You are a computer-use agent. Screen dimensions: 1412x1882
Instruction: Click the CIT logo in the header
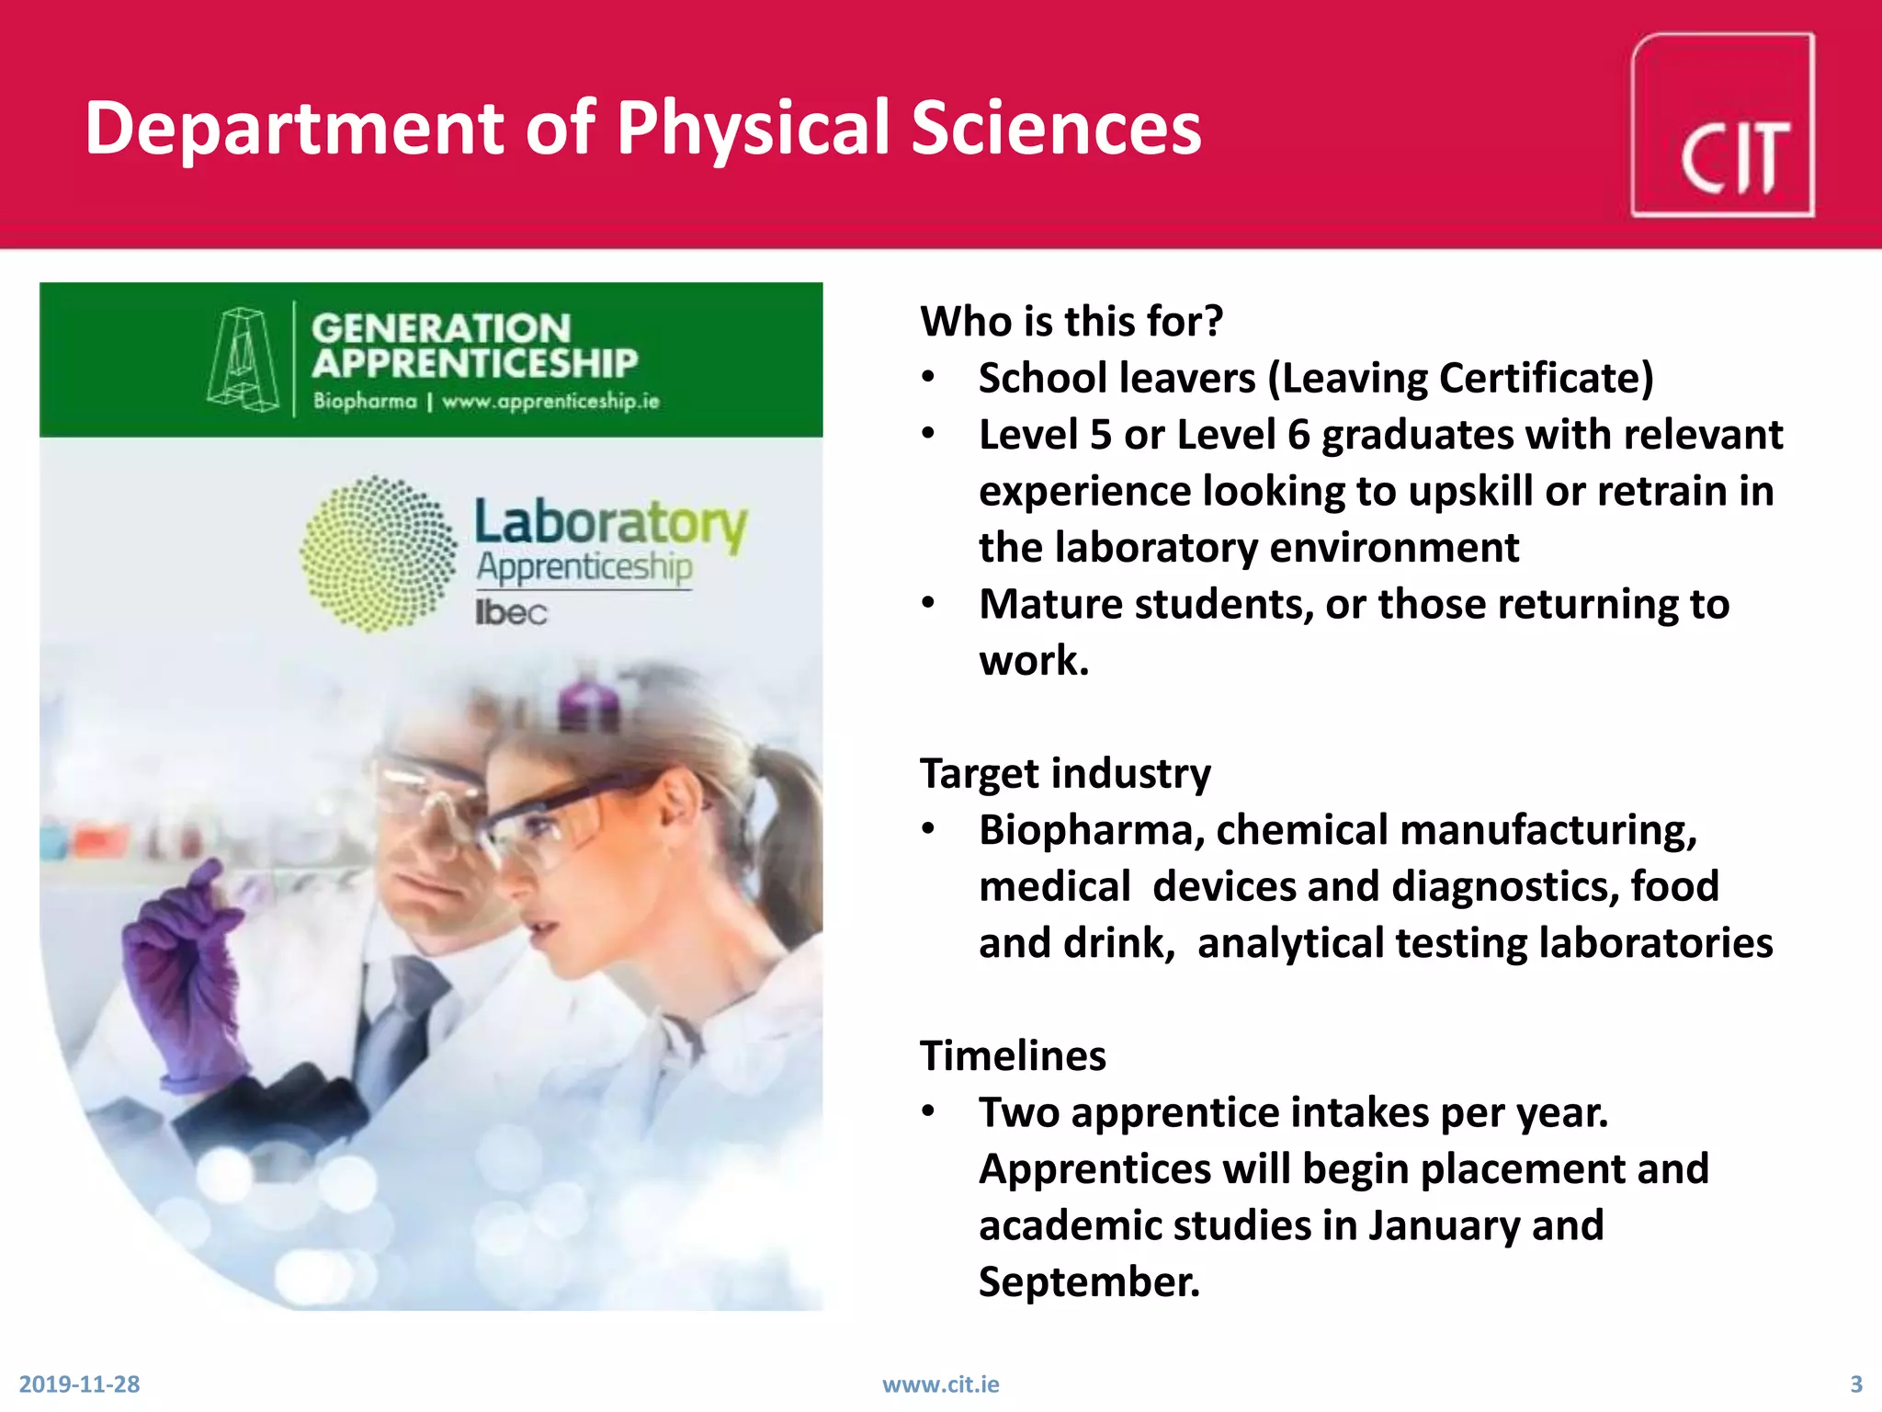[1722, 126]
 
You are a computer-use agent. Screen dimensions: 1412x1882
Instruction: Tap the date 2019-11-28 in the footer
[79, 1384]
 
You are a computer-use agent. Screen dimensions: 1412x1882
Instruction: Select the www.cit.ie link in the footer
[940, 1384]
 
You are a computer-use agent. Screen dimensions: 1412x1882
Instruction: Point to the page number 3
[1855, 1384]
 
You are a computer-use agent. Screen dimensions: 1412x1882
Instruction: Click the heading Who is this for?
[1071, 322]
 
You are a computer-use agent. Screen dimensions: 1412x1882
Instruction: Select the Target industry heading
[1065, 774]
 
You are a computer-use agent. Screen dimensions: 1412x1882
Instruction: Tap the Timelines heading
[1013, 1056]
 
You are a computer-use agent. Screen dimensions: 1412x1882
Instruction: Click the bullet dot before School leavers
[929, 378]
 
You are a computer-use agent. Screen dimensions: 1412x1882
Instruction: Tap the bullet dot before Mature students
[929, 604]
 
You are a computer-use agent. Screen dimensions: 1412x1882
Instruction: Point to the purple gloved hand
[184, 965]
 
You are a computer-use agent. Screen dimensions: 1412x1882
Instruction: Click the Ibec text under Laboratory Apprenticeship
[511, 612]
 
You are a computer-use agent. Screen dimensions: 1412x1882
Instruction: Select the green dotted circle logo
[378, 553]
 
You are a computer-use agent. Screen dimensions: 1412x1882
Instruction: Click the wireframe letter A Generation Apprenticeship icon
[243, 359]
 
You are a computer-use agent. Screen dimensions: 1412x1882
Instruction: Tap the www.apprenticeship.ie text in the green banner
[550, 402]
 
